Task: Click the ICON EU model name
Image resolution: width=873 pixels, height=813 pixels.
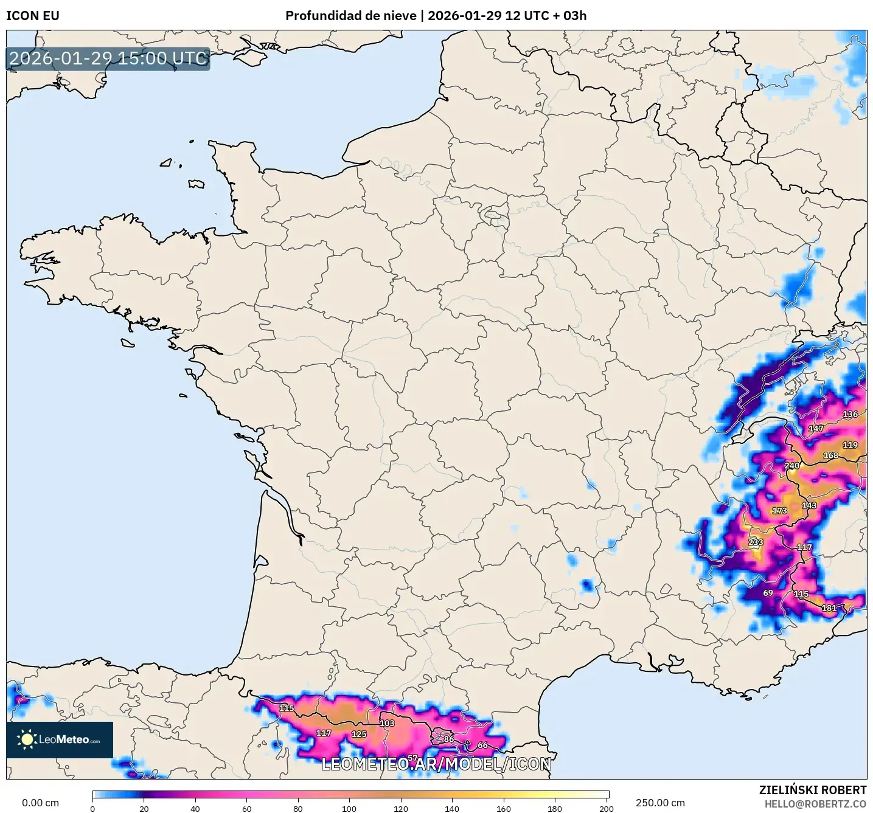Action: [33, 16]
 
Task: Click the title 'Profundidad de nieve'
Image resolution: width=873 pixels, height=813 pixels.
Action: [350, 16]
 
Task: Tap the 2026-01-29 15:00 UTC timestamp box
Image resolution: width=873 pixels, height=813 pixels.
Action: [108, 58]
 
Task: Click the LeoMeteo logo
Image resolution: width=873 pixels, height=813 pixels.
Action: [60, 739]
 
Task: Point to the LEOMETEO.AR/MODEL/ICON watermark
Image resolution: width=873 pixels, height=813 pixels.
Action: [436, 764]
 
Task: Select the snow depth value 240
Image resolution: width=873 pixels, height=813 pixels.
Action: [792, 466]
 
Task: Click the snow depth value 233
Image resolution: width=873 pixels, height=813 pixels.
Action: [756, 542]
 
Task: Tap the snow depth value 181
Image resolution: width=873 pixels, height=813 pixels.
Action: [829, 607]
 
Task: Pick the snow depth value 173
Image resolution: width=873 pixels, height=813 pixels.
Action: [779, 511]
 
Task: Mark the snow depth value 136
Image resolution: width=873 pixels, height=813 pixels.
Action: [850, 414]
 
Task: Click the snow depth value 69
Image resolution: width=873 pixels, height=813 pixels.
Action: [768, 593]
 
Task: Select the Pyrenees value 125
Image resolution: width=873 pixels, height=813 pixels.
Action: [359, 734]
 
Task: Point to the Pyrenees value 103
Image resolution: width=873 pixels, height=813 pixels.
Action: [387, 723]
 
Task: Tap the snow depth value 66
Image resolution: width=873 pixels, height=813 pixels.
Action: [482, 745]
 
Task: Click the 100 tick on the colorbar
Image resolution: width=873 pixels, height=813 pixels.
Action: [349, 808]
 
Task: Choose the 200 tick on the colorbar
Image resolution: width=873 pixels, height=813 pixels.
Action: [606, 808]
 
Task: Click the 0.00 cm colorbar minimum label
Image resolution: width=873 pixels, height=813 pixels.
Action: [41, 803]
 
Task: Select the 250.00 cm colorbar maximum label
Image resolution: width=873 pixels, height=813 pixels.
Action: [660, 803]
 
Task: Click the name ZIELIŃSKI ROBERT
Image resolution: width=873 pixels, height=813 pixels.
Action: [812, 790]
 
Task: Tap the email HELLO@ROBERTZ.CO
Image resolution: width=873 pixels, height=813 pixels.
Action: [815, 804]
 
